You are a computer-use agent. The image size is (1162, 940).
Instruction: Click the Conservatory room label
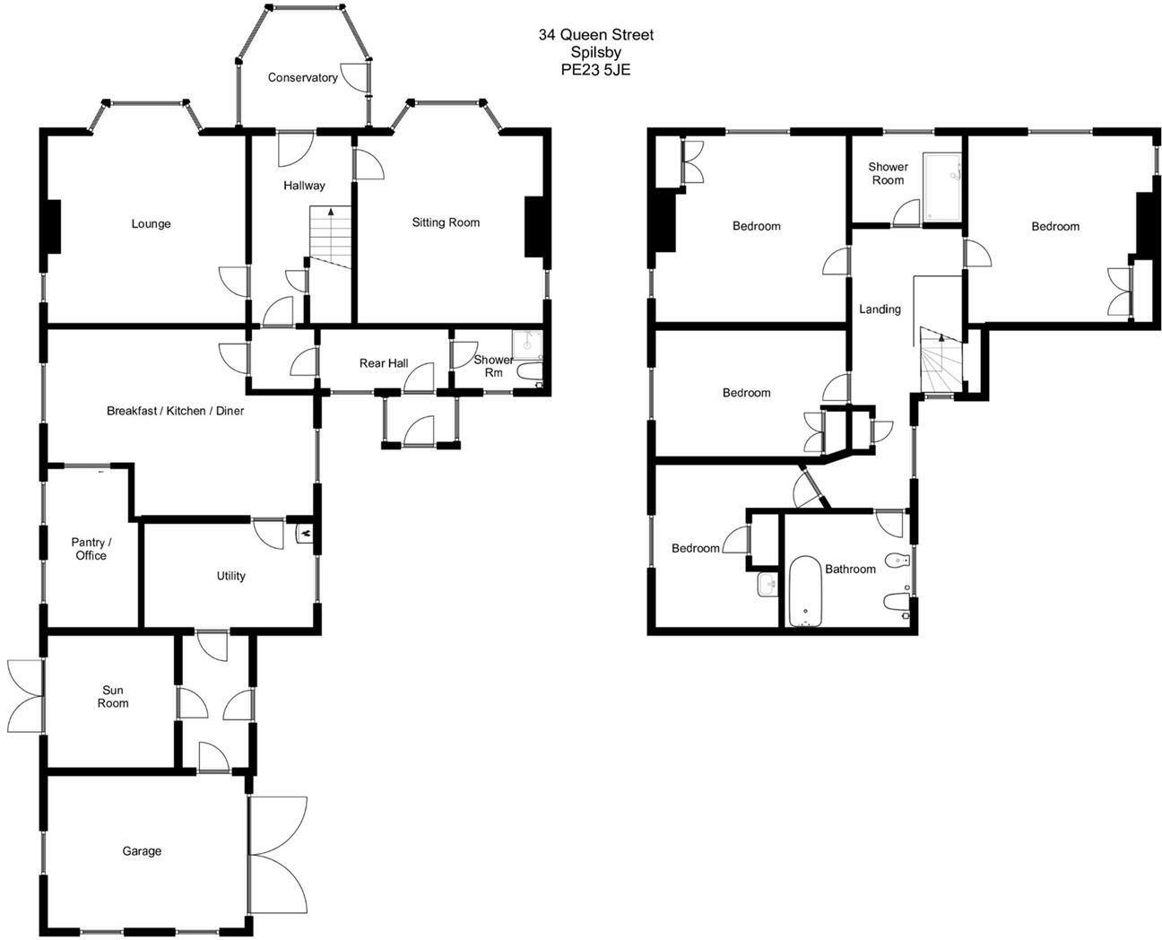[302, 78]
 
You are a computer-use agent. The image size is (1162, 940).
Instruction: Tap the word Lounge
[151, 224]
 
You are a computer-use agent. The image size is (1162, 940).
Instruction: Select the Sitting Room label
[446, 222]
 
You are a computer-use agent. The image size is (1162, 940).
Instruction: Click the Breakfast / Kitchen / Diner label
[175, 411]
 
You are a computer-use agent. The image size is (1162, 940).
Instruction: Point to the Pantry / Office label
[91, 549]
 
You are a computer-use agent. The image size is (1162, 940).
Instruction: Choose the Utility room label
[230, 576]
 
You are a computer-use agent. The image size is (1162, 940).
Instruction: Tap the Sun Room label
[113, 697]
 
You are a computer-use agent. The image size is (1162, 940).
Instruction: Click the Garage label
[142, 851]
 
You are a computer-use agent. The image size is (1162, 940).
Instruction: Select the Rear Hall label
[384, 363]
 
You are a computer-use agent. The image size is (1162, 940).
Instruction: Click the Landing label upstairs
[880, 309]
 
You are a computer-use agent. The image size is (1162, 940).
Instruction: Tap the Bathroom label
[850, 569]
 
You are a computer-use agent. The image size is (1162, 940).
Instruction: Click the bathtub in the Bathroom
[805, 592]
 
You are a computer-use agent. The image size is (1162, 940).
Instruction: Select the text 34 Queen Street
[595, 35]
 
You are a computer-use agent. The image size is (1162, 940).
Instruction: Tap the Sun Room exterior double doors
[25, 696]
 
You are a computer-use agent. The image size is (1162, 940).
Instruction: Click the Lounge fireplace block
[53, 226]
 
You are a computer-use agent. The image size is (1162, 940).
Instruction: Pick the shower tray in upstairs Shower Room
[943, 187]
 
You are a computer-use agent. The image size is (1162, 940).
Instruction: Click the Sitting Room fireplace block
[535, 226]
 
